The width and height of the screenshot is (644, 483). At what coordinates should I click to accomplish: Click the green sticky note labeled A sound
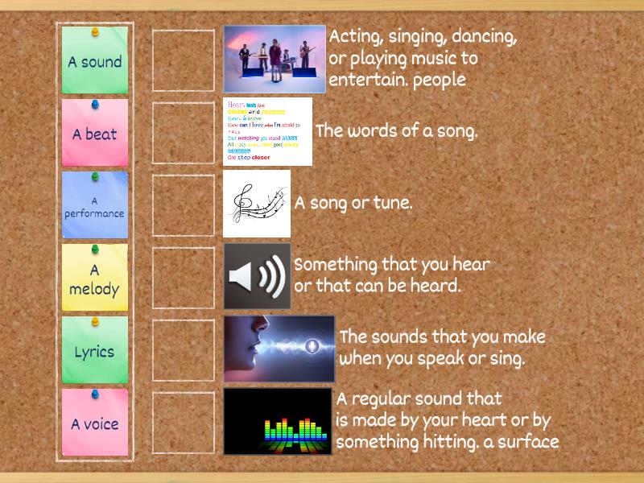click(x=95, y=61)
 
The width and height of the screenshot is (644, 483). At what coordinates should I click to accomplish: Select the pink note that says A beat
click(x=95, y=134)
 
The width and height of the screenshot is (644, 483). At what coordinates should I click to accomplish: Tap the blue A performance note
click(x=95, y=207)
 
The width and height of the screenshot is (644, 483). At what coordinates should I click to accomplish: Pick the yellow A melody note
click(x=95, y=279)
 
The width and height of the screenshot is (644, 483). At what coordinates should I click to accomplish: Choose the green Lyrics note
click(x=95, y=352)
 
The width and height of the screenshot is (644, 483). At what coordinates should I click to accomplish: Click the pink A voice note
click(x=95, y=424)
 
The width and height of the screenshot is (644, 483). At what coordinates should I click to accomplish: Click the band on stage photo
click(x=274, y=59)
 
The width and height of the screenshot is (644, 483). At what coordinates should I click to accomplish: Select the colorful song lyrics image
click(x=267, y=131)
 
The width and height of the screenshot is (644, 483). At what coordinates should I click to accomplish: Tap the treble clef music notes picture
click(x=256, y=203)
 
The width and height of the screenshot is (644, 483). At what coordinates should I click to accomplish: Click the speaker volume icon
click(x=257, y=276)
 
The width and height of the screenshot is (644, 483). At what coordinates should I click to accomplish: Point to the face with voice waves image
click(x=279, y=349)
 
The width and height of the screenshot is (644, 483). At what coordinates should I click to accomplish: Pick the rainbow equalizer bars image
click(x=277, y=421)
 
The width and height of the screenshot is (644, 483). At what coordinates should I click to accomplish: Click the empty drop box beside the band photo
click(x=184, y=60)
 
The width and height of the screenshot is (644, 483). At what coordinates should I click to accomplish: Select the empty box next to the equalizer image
click(x=184, y=423)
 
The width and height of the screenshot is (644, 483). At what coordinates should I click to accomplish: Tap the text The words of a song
click(x=396, y=131)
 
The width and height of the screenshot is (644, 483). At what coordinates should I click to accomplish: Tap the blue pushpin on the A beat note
click(x=95, y=104)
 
